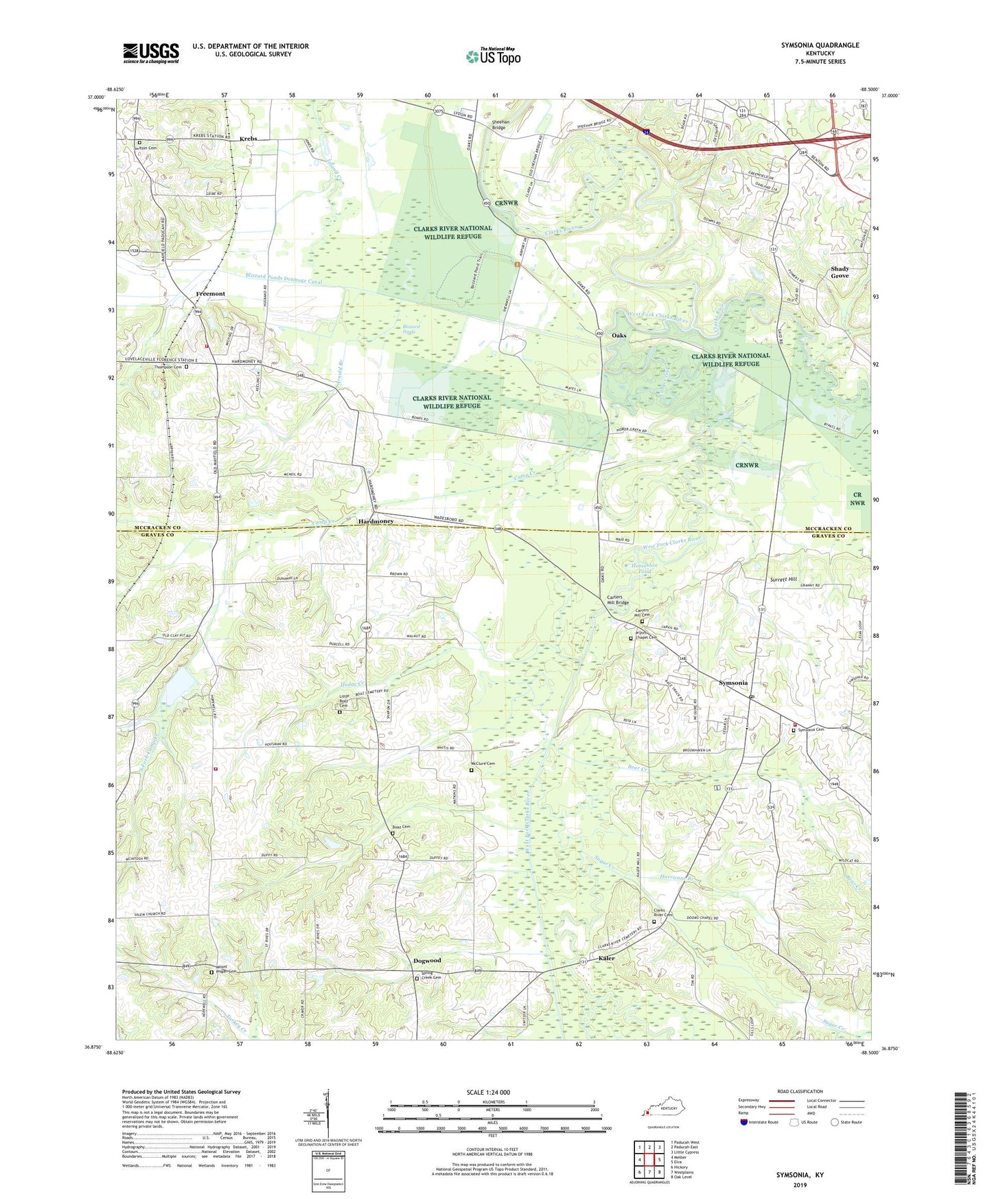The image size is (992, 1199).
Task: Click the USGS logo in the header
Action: pos(151,53)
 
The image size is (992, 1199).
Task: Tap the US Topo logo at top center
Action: pos(493,56)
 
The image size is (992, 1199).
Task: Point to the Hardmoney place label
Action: pos(376,521)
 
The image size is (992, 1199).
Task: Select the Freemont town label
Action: pos(210,294)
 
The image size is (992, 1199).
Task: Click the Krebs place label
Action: pos(248,139)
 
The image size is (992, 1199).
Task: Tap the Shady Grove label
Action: pos(840,272)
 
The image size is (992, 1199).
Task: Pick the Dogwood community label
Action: pos(427,961)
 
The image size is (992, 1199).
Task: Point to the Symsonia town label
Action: pos(733,683)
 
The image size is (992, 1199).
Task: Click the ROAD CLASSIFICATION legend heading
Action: pos(800,1091)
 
